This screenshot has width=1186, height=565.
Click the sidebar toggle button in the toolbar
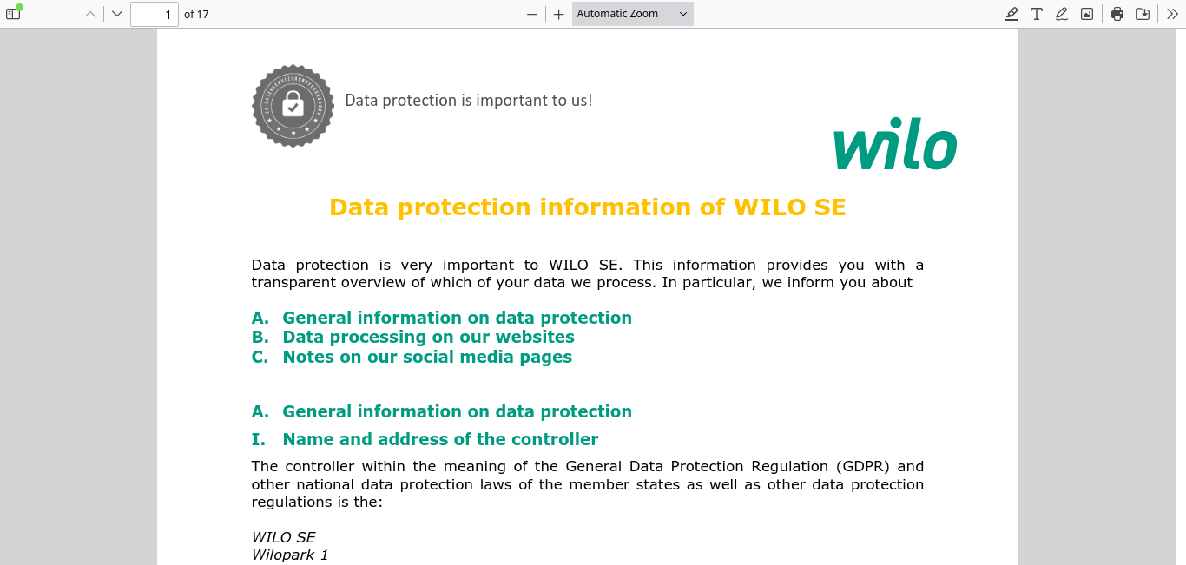[13, 14]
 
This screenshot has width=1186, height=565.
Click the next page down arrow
[117, 14]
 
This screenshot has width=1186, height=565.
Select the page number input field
[154, 14]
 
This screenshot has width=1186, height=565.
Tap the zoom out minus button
[532, 14]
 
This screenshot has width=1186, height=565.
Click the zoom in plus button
[558, 14]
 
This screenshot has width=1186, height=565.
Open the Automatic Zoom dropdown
[632, 14]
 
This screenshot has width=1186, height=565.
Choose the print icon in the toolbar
[1117, 14]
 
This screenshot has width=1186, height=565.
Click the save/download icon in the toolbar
[1143, 14]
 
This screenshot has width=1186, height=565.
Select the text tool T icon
[1037, 14]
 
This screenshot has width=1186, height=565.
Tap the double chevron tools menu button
[1172, 14]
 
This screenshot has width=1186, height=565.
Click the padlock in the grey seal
[293, 102]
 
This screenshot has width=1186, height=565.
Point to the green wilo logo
[895, 143]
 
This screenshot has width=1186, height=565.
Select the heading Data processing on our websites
[428, 337]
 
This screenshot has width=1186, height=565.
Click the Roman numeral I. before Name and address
[258, 439]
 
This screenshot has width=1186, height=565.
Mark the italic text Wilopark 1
[290, 555]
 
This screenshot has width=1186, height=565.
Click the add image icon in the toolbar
[1086, 14]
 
